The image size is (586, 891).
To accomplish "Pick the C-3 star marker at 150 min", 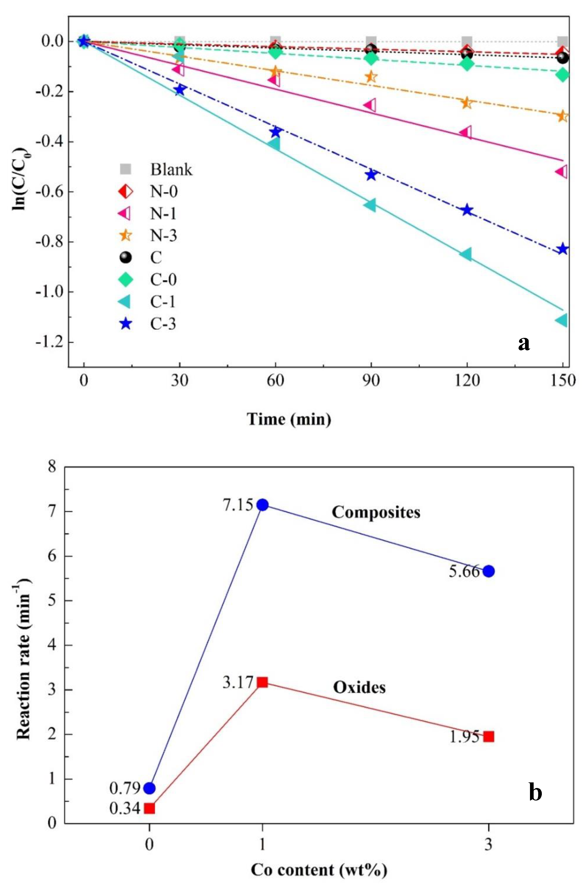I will (563, 249).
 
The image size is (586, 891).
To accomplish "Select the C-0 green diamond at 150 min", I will (563, 75).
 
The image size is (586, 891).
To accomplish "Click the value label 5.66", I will (464, 572).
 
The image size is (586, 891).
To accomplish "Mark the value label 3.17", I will (238, 682).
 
